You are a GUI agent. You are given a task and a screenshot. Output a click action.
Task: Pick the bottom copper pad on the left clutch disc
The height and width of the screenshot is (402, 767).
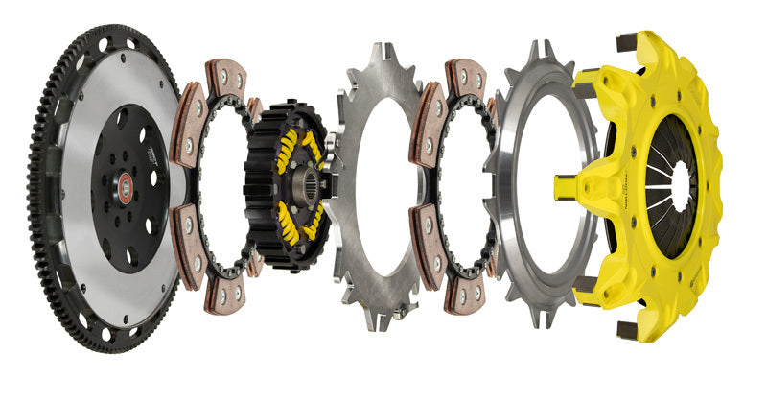pos(222,295)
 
